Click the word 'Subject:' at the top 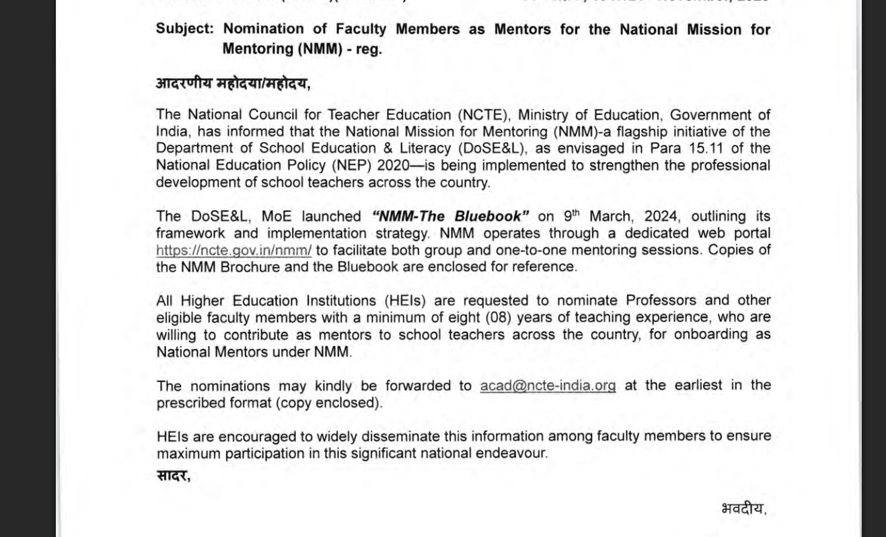point(184,30)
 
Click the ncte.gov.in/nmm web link point(233,250)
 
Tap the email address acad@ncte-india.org point(548,386)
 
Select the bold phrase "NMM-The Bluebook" point(450,217)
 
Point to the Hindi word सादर point(172,476)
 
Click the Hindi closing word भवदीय point(742,509)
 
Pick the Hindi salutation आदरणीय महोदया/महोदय point(232,83)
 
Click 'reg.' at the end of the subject point(369,50)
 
